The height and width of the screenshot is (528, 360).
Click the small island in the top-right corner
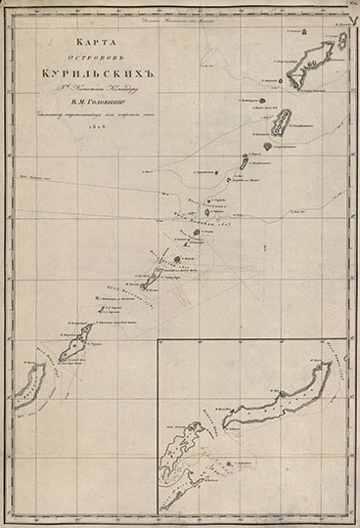(342, 40)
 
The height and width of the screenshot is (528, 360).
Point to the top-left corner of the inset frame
(162, 339)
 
